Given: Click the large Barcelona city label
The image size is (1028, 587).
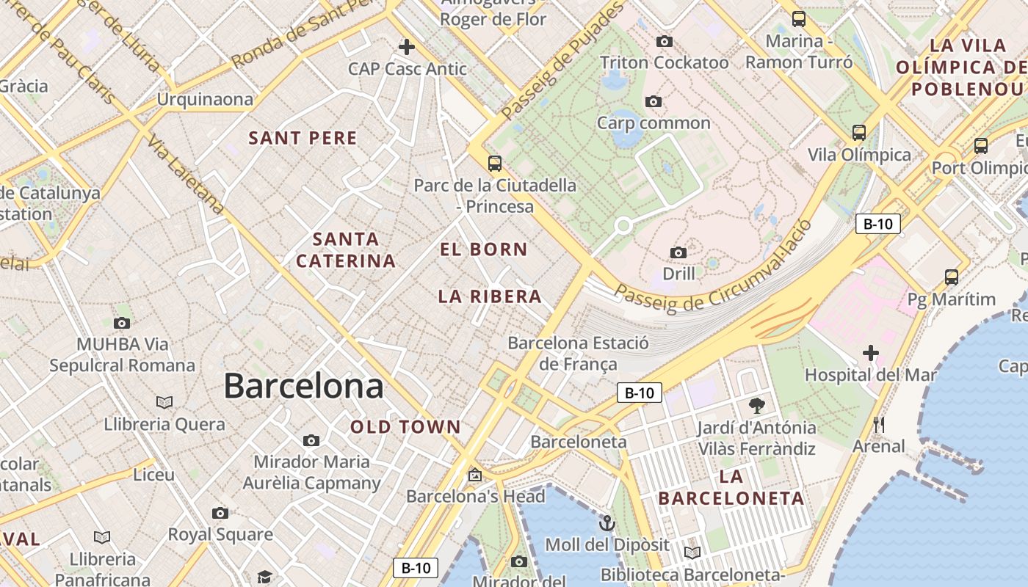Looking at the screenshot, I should click(x=303, y=386).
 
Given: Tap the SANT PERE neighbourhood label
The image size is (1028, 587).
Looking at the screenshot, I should click(x=303, y=138).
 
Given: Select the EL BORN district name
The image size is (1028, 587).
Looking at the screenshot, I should click(x=483, y=249).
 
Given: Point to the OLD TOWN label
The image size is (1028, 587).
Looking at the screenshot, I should click(x=405, y=427).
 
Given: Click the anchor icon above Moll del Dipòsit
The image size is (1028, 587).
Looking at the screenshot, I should click(x=607, y=523).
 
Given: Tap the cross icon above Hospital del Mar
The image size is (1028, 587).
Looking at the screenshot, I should click(x=871, y=353).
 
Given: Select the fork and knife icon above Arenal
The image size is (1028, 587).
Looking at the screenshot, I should click(x=879, y=424).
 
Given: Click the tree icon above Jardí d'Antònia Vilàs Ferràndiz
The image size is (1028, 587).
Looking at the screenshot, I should click(x=756, y=405).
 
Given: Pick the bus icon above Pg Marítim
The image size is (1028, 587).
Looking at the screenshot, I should click(x=952, y=277).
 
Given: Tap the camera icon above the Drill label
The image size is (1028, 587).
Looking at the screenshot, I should click(x=678, y=253).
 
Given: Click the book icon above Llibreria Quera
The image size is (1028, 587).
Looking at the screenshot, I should click(x=164, y=402).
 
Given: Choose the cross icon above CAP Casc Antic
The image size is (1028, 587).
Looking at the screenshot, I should click(x=406, y=47).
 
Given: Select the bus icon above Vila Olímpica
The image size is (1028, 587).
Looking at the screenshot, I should click(x=859, y=133).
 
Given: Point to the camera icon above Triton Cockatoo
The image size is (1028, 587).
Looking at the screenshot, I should click(x=665, y=41).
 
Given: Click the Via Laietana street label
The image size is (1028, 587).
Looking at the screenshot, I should click(x=186, y=175).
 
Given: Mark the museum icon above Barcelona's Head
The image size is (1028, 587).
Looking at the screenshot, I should click(x=475, y=475).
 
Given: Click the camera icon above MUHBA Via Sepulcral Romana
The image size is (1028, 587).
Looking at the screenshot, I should click(x=122, y=323).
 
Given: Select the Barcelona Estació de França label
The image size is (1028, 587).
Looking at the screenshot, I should click(x=578, y=353).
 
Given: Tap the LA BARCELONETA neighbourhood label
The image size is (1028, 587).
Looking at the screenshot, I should click(x=731, y=488).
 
